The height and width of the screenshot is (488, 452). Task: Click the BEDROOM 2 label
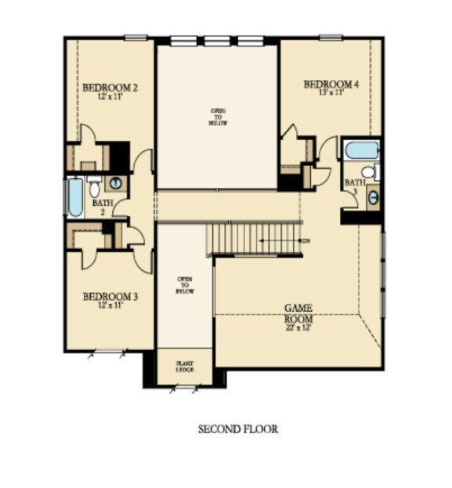tap(110, 89)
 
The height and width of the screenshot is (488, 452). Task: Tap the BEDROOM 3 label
tap(110, 297)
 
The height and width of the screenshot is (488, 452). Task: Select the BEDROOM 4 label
tap(331, 85)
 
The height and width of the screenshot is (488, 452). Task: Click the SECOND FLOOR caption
tap(237, 429)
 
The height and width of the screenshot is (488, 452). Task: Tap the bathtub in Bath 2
tap(74, 198)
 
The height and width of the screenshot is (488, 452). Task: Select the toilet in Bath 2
tap(94, 188)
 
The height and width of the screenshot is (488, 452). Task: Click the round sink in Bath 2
tap(115, 184)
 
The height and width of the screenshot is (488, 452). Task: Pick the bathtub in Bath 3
tap(361, 149)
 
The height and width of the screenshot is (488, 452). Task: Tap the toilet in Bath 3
tap(367, 172)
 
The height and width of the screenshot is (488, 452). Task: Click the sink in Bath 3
tap(373, 197)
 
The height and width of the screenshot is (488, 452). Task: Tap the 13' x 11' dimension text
tap(331, 93)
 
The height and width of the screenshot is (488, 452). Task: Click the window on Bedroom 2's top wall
tap(136, 37)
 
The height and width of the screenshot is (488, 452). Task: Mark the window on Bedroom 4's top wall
tap(331, 37)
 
